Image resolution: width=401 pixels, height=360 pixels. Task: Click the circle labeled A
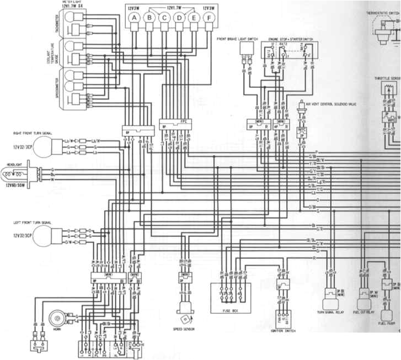pos(133,19)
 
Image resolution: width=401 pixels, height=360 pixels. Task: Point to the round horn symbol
pos(56,319)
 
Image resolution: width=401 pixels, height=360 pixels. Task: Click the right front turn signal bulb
pos(49,147)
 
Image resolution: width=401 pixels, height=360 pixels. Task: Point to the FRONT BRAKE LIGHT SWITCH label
pos(238,39)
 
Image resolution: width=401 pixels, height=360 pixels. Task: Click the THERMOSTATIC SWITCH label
pos(383,12)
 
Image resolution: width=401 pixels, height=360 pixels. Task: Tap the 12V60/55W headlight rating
pos(17,186)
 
